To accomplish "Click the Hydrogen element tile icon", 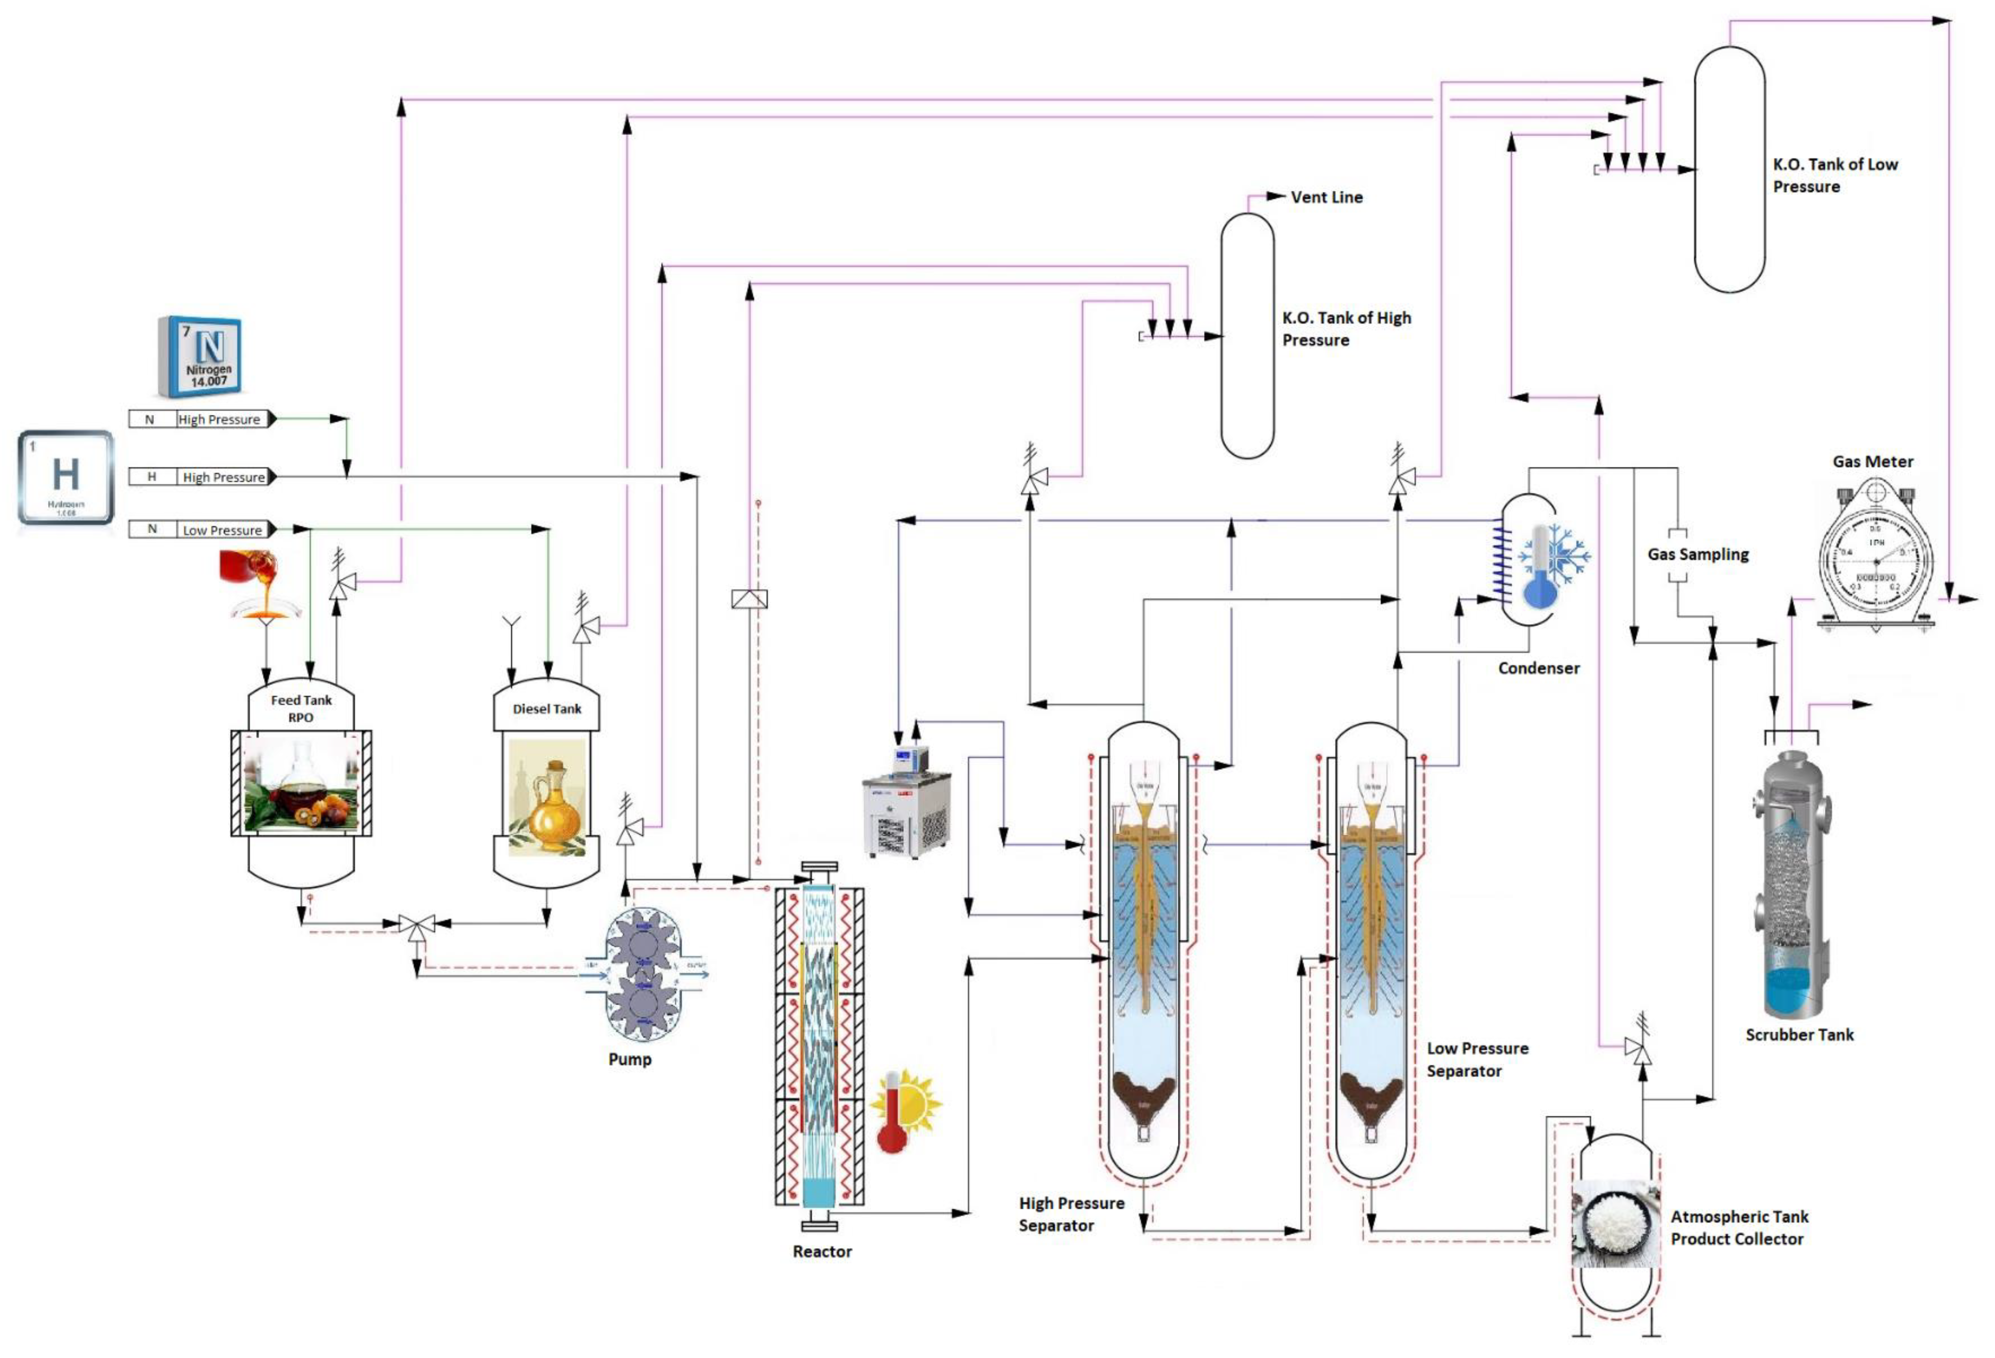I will [x=66, y=477].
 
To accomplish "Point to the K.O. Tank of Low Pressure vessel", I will [x=1729, y=169].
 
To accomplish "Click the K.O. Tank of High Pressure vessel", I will [x=1247, y=336].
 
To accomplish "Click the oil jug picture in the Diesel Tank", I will [x=547, y=798].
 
